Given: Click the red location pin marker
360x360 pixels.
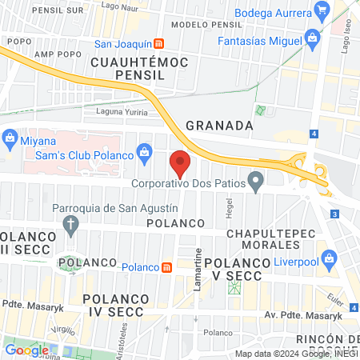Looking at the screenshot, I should click(181, 162).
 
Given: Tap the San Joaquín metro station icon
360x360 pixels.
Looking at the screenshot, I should click(161, 43).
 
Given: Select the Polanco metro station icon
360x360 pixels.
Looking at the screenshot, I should click(166, 266).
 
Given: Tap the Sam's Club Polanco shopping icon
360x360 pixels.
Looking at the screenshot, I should click(144, 151).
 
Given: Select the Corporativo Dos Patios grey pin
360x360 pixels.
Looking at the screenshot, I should click(256, 182).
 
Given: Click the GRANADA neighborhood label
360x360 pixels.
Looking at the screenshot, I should click(219, 126).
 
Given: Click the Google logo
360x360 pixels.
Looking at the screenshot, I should click(26, 350).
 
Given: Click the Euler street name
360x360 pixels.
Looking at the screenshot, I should click(336, 303).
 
